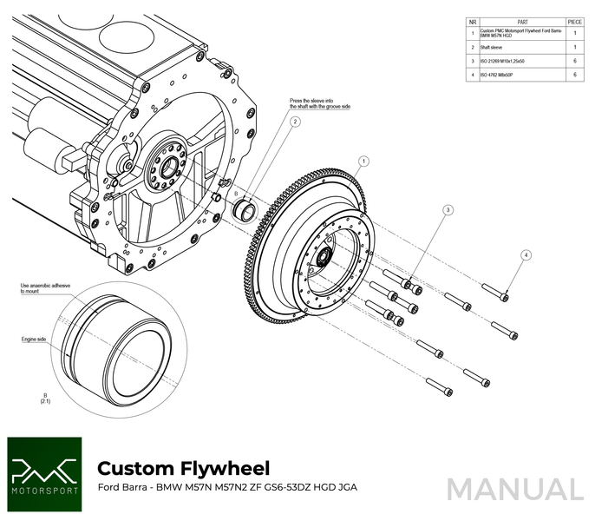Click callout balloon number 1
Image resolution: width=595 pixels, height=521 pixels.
coord(363,161)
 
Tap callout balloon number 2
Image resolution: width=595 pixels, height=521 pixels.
coord(295,122)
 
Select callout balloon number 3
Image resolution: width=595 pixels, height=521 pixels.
coord(448,210)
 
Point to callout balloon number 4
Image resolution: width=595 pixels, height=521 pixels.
coord(526,254)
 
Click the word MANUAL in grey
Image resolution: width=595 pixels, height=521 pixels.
coord(515,490)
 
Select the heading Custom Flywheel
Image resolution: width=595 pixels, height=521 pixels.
coord(183,468)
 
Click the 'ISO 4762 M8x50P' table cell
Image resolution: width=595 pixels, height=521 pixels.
coord(498,76)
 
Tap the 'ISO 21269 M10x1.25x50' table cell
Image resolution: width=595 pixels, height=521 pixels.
coord(504,62)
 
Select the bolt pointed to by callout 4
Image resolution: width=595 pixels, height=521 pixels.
coord(495,293)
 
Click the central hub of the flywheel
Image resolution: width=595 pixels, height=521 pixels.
coord(322,256)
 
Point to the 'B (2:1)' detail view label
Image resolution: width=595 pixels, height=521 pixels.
coord(43,399)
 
